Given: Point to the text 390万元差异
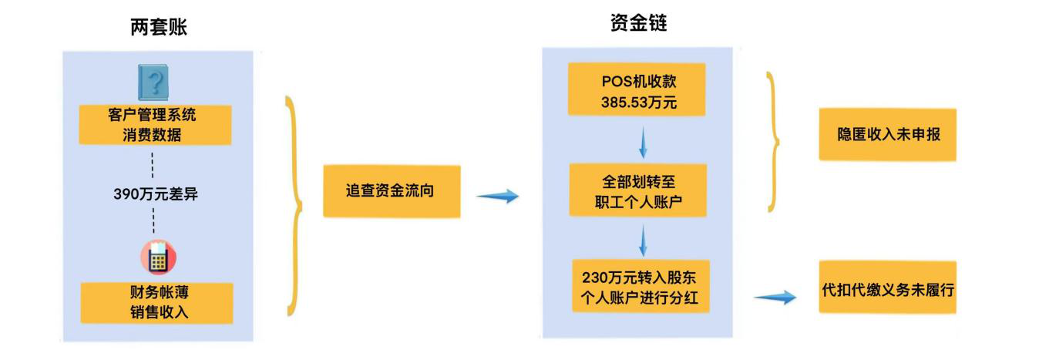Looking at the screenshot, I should click(x=156, y=194).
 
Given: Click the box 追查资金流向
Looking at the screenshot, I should click(x=391, y=191).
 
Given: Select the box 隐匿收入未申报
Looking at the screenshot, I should click(x=887, y=134).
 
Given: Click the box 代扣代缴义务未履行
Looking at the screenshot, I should click(x=887, y=291).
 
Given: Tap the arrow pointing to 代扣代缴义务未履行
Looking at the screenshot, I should click(x=774, y=297).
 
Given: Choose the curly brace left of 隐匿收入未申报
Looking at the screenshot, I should click(x=773, y=142).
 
